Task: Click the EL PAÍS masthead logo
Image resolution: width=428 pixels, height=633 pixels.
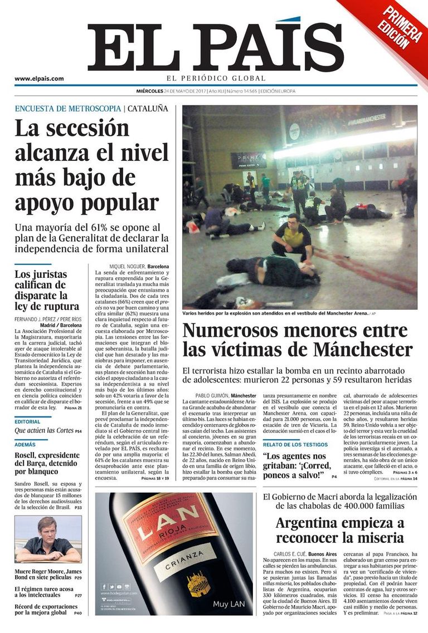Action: pos(215,47)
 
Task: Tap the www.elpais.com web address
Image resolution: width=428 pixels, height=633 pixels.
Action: pos(39,78)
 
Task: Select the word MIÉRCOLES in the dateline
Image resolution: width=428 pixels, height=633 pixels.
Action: pos(150,91)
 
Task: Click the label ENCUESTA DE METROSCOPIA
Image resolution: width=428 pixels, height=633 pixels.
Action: pos(67,109)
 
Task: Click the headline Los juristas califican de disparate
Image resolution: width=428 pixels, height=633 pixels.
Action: pos(47,290)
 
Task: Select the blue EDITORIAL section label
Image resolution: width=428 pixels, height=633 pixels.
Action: pos(27,421)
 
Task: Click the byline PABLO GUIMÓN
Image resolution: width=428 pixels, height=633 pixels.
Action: pos(212,396)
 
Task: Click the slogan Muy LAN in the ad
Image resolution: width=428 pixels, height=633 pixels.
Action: pos(228,603)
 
